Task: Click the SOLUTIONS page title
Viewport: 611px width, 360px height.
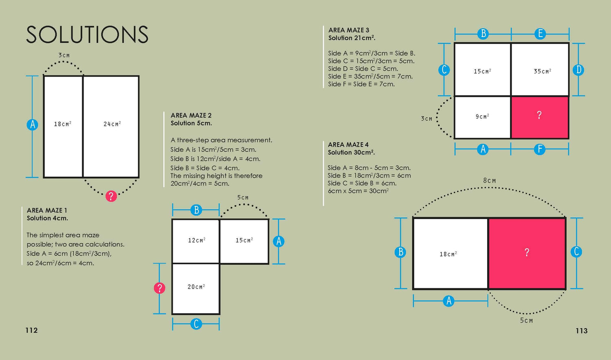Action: point(87,35)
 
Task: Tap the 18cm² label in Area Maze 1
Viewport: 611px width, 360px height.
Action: point(63,124)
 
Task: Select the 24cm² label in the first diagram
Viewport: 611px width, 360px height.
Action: point(112,124)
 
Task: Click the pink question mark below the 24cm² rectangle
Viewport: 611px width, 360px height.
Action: point(111,196)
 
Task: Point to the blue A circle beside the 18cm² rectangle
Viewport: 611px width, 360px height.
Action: point(33,125)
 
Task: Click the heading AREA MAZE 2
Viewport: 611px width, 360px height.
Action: point(191,115)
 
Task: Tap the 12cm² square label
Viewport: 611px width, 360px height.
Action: point(196,240)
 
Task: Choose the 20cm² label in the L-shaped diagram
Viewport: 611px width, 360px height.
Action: point(196,287)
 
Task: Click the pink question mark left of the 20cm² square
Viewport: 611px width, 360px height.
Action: point(159,288)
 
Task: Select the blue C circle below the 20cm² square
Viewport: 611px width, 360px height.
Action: point(196,324)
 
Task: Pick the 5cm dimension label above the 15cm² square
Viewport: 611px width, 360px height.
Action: point(243,198)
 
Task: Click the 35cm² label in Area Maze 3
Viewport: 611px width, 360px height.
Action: point(542,71)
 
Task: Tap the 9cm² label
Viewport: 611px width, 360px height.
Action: point(482,116)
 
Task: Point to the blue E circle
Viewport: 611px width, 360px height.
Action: point(540,34)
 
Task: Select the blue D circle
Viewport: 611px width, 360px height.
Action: point(578,70)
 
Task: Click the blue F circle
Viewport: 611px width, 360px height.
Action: point(540,149)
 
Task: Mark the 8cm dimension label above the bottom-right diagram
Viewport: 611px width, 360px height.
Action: point(490,181)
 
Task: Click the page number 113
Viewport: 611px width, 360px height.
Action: point(581,331)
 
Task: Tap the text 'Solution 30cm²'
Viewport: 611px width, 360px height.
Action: point(351,152)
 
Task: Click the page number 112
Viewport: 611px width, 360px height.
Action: point(31,330)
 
